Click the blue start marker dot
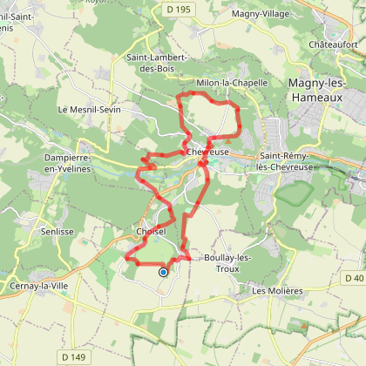(163, 272)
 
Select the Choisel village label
(151, 232)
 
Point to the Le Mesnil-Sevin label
(87, 110)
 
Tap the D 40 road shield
(354, 278)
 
